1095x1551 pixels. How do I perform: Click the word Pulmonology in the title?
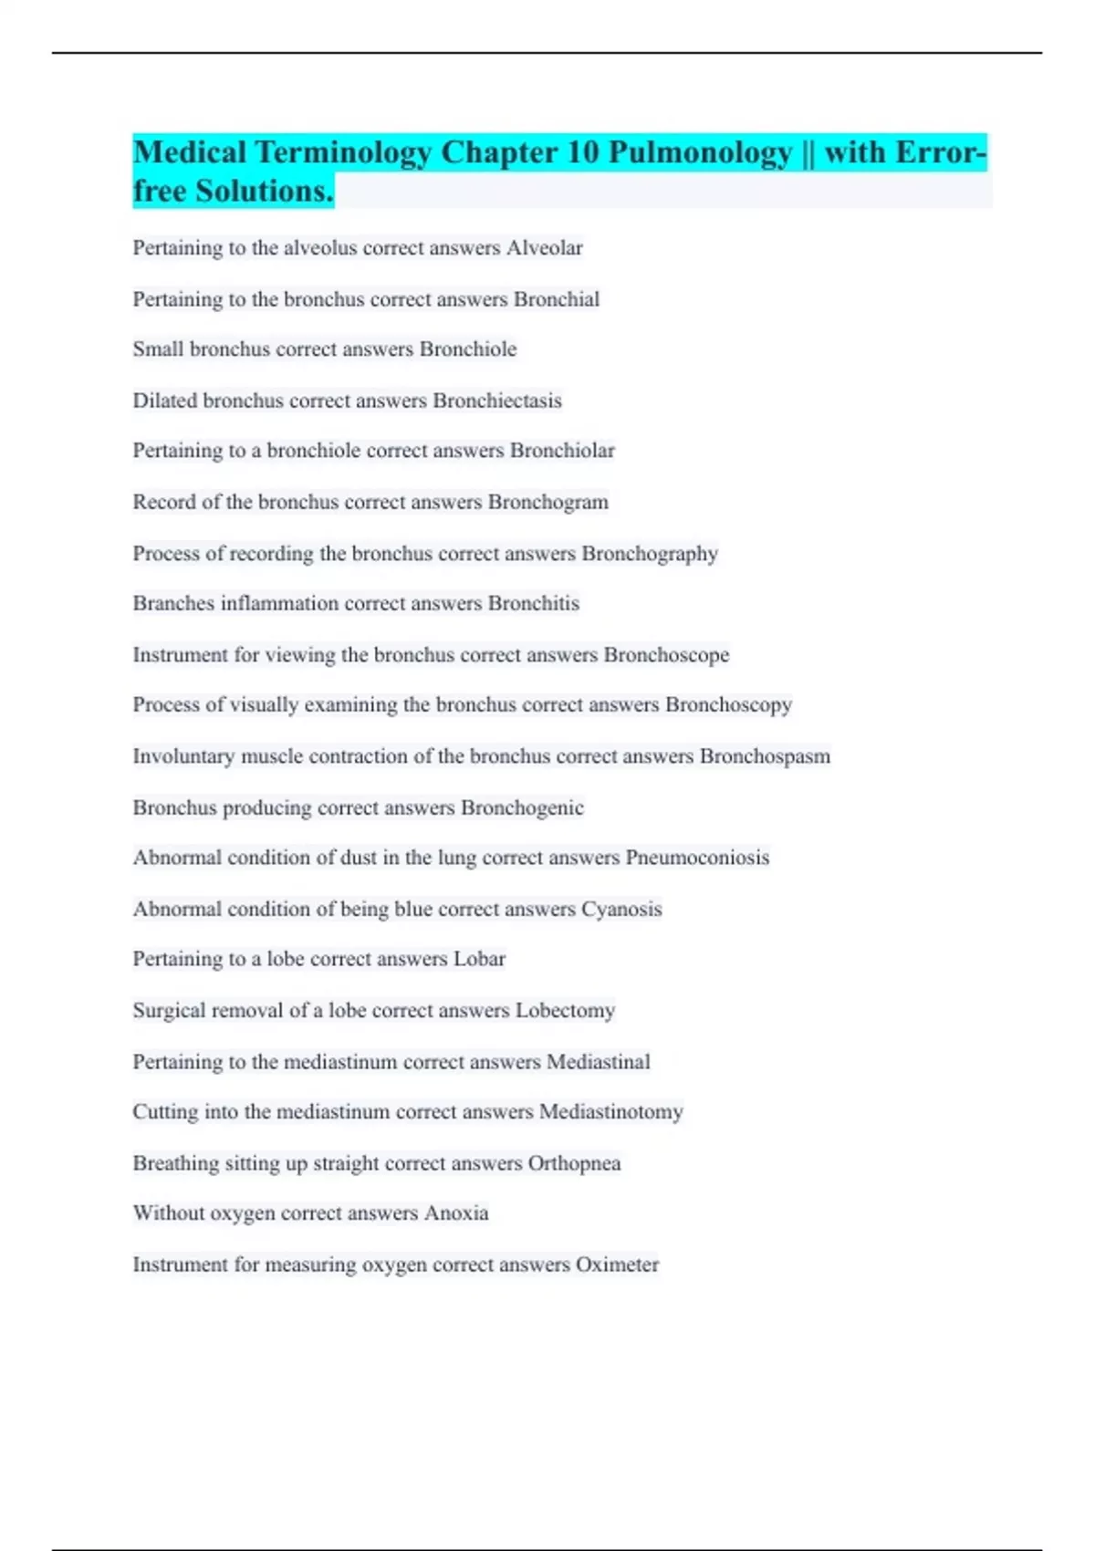pyautogui.click(x=700, y=152)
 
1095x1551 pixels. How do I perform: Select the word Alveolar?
pyautogui.click(x=544, y=248)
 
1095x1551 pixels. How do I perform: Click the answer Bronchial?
pyautogui.click(x=557, y=299)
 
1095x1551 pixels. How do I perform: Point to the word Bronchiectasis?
pyautogui.click(x=497, y=401)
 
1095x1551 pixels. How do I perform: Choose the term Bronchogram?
pyautogui.click(x=547, y=502)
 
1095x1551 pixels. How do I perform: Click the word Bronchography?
pyautogui.click(x=650, y=554)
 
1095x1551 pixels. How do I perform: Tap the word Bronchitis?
pyautogui.click(x=534, y=603)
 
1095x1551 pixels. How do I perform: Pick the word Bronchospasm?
pyautogui.click(x=765, y=756)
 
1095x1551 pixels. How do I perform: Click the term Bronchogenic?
pyautogui.click(x=522, y=807)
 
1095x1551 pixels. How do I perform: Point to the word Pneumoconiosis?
pyautogui.click(x=697, y=858)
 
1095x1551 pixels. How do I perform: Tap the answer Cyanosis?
pyautogui.click(x=621, y=909)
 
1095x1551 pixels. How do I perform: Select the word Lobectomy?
pyautogui.click(x=565, y=1010)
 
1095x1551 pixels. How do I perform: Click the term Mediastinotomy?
pyautogui.click(x=610, y=1111)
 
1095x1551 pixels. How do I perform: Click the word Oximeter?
pyautogui.click(x=617, y=1265)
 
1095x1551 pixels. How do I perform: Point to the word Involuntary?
pyautogui.click(x=183, y=756)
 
